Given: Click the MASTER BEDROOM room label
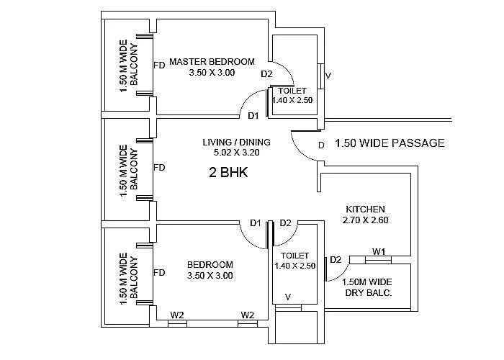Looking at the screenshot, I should [x=212, y=62].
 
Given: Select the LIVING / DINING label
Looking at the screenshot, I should [x=230, y=142].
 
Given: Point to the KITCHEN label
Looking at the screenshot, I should [x=364, y=209].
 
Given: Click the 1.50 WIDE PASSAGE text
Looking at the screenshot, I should [x=390, y=143].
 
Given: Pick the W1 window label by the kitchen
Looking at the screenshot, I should [x=378, y=251].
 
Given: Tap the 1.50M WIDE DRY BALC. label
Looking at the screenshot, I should [x=367, y=288].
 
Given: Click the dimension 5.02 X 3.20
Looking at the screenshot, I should [x=230, y=153].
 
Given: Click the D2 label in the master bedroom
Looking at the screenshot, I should [x=266, y=73].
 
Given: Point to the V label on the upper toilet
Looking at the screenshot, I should [x=328, y=76].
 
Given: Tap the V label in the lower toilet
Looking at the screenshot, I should [x=288, y=297].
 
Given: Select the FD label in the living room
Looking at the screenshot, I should [x=160, y=168].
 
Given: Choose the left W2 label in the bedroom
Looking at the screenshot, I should [x=176, y=315].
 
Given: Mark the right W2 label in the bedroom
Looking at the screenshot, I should [x=248, y=315].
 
